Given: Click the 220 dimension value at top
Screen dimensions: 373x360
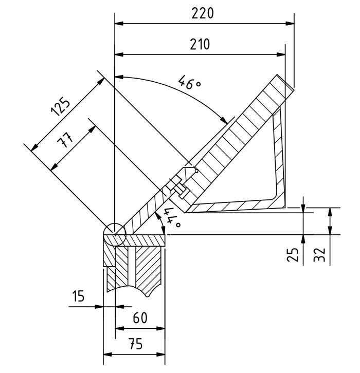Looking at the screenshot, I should pyautogui.click(x=202, y=14).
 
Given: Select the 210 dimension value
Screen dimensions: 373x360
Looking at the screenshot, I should pyautogui.click(x=200, y=44).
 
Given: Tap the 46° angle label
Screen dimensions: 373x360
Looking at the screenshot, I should pyautogui.click(x=189, y=82).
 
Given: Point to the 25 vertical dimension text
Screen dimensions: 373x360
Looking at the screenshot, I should pyautogui.click(x=294, y=254).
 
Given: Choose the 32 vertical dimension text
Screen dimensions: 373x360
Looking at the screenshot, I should pyautogui.click(x=320, y=254).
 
